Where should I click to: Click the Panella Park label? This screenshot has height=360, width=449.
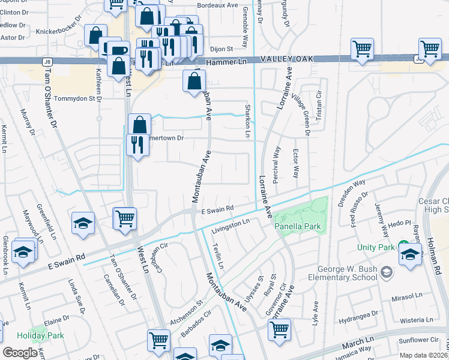tap(298, 226)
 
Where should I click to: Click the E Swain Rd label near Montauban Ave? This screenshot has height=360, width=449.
tap(217, 209)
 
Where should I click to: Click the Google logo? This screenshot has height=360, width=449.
tap(20, 353)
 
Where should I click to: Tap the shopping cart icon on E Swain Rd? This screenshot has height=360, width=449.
tap(125, 218)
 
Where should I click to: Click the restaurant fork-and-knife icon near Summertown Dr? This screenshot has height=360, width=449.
tap(137, 146)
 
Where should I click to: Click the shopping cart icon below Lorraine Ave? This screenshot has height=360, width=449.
tap(279, 329)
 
